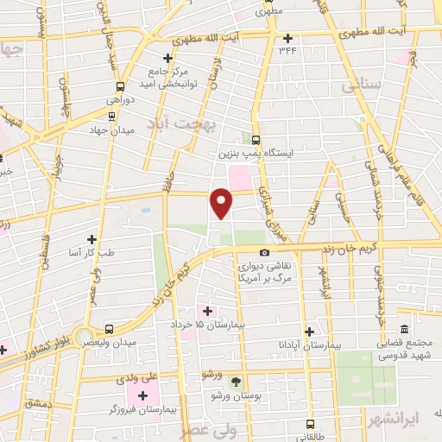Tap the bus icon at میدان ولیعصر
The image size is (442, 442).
[109, 328]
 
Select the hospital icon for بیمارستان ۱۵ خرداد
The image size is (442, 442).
[207, 310]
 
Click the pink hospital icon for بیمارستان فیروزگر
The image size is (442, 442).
[142, 395]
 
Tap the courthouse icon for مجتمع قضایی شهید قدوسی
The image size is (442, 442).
[404, 328]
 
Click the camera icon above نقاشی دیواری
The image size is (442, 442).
[264, 252]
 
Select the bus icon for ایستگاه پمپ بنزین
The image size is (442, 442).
[256, 138]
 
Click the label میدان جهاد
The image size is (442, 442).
[108, 130]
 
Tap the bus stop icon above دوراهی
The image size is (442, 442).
[120, 86]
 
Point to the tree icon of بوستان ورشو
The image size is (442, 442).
[237, 381]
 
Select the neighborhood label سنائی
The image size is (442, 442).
[361, 87]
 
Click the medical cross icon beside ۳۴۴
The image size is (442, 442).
[288, 37]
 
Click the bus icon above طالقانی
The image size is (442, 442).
[312, 424]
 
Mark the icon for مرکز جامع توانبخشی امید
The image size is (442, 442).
[168, 58]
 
